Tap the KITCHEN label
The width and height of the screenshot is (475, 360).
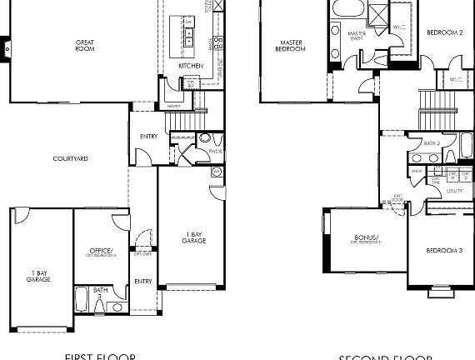point(190,66)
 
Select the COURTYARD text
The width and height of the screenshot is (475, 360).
point(71,158)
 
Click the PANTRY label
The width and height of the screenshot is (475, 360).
point(174,107)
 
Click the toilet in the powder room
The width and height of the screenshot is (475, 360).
point(204,138)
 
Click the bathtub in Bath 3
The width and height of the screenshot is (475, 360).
point(83,298)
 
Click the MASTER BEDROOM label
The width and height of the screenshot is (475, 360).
point(290,46)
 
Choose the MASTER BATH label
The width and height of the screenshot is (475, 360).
point(357,36)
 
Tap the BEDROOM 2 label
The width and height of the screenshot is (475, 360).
point(444,32)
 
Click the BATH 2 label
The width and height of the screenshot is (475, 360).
point(431,142)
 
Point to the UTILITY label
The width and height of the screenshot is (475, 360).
point(454,191)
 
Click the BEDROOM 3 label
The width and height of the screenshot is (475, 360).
point(444,251)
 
